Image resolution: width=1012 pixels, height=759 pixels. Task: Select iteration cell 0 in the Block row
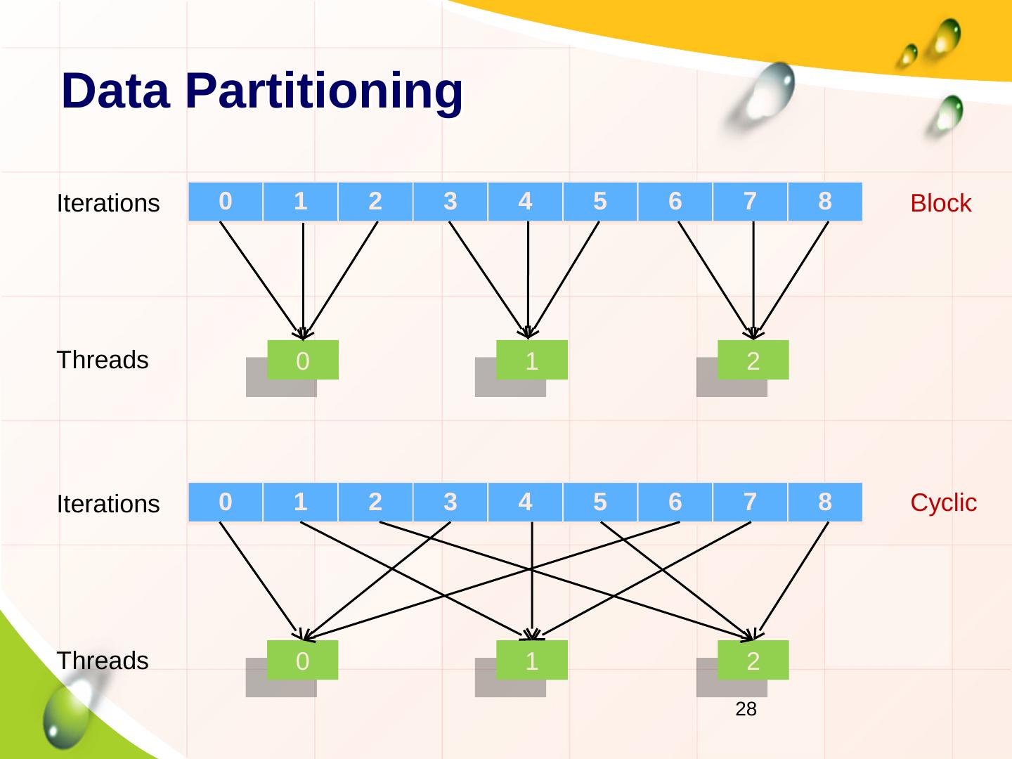(226, 202)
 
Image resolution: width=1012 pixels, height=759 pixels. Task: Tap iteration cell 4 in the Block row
(525, 202)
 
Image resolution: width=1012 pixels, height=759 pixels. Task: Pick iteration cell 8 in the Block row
(825, 202)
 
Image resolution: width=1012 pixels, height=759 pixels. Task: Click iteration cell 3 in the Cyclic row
(450, 502)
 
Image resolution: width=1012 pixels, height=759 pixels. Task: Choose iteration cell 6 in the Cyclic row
(675, 502)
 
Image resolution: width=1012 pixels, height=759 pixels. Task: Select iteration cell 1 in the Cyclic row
(300, 502)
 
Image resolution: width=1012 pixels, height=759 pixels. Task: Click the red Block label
(940, 203)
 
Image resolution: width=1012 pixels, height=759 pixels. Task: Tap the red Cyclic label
(943, 503)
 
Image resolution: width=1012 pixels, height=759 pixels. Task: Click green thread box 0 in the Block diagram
(303, 360)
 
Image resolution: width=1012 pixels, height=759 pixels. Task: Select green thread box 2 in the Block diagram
(753, 360)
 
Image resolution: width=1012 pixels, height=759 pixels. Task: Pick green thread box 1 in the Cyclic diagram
(532, 660)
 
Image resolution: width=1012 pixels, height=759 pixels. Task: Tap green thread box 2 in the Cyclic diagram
(753, 660)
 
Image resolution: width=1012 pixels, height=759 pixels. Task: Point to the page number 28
(746, 710)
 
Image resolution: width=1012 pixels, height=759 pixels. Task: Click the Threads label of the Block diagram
(103, 360)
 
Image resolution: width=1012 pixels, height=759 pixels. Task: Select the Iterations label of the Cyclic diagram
(108, 504)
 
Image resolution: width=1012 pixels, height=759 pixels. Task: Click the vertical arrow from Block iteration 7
(753, 281)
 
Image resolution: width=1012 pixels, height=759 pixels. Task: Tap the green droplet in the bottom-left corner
(67, 713)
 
